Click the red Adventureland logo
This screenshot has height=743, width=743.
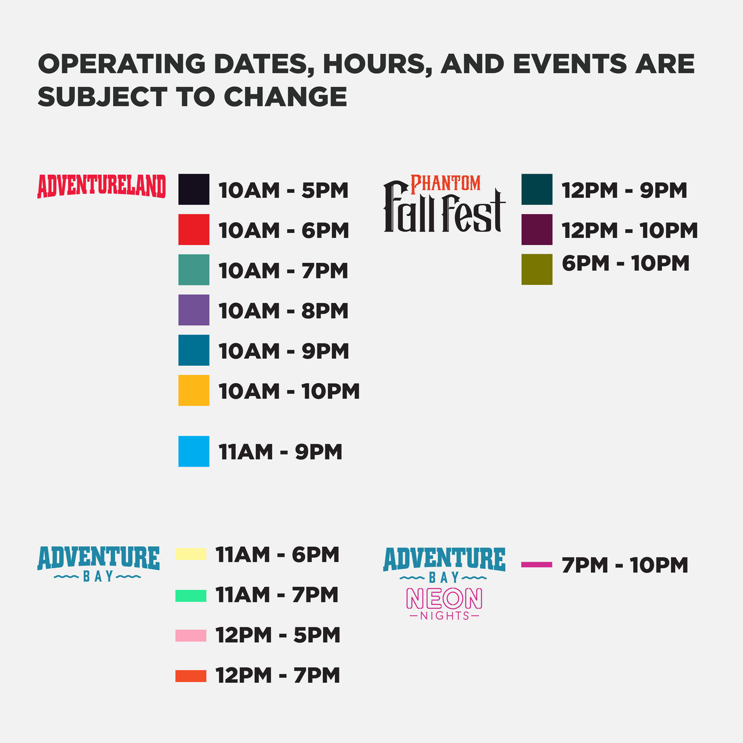102,186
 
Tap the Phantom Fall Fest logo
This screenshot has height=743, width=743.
444,204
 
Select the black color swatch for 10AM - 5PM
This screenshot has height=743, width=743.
193,189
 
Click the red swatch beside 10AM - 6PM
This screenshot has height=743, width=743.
193,229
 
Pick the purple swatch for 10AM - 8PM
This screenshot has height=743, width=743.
193,310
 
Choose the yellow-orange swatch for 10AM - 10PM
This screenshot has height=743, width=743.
193,390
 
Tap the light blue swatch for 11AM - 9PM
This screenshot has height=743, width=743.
193,452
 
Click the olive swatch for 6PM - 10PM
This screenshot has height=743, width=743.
537,269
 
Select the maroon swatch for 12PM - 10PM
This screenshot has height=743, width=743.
537,229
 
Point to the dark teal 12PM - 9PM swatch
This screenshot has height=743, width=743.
537,189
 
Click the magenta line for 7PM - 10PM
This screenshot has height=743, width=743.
537,564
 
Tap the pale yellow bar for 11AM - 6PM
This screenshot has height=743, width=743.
191,554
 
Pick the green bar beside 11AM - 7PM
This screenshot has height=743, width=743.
191,596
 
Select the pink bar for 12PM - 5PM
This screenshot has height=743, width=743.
191,636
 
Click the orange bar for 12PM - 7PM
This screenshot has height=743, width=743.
191,676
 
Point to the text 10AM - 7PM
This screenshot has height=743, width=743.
283,270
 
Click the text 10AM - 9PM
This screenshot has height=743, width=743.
284,351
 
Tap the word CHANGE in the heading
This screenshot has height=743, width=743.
286,96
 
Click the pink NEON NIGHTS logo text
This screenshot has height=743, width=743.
444,604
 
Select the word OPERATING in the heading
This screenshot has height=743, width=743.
122,64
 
